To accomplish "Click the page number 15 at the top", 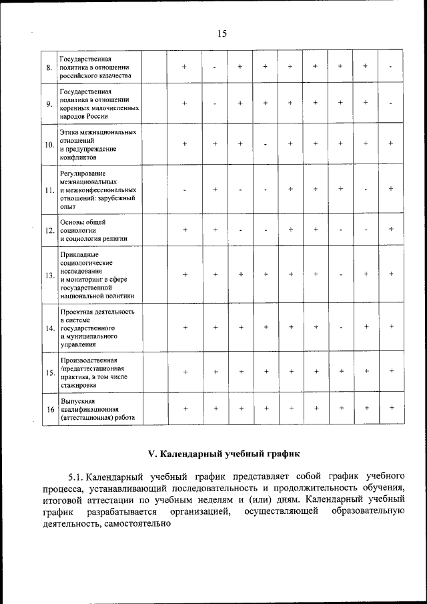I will coord(222,34).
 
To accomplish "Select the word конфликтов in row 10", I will coord(77,158).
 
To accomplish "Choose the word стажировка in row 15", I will coord(77,386).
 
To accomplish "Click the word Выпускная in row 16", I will coord(75,400).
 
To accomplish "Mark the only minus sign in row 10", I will coord(265,143).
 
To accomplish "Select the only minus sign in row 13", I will coord(341,275).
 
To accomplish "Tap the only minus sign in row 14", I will coord(341,327).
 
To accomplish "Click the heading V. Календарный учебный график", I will coord(224,453).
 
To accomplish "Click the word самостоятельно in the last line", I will coord(139,525).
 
